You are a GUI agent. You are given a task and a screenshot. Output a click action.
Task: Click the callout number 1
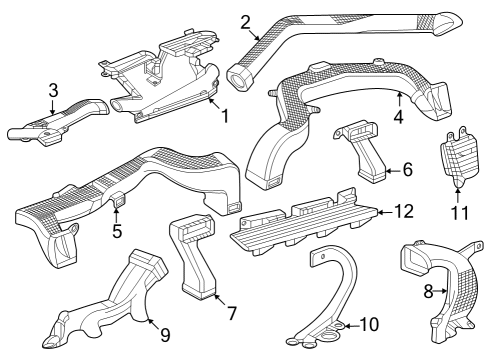coord(226,116)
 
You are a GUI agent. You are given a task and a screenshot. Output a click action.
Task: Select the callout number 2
coord(245,22)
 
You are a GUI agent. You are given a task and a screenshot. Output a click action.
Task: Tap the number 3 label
coord(53,90)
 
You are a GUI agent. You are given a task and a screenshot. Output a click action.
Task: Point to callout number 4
coord(399,117)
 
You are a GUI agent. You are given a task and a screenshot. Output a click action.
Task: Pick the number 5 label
coord(117,231)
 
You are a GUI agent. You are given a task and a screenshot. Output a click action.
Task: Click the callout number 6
coord(408,170)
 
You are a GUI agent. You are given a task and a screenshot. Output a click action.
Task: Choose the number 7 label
coord(232,313)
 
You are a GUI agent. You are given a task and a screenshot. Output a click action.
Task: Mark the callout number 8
coord(428,291)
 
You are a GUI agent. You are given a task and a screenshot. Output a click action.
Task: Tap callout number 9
coord(165,335)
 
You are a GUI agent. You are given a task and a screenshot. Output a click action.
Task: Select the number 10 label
coord(369,324)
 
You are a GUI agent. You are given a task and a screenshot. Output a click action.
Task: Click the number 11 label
coord(460,213)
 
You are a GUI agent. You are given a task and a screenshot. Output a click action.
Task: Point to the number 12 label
coord(404,211)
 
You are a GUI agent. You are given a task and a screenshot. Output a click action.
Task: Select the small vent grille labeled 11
coord(459,156)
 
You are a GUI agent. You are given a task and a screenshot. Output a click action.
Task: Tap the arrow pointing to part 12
coord(385,212)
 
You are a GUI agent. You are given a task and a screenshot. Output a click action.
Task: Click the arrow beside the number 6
coord(393,170)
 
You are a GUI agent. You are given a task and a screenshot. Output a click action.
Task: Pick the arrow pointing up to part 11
coord(458,196)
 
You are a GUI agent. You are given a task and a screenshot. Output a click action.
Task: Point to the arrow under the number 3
coord(53,107)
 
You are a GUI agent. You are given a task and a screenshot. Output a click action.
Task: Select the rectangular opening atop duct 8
coord(415,260)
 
